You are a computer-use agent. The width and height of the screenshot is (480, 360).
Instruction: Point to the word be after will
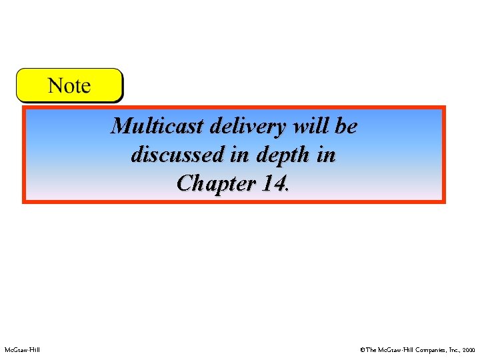(346, 126)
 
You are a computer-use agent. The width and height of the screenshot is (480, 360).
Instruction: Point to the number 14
(273, 183)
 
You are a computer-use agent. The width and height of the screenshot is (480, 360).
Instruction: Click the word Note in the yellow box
(69, 85)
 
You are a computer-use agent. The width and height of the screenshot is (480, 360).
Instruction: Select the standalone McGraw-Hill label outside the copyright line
(22, 349)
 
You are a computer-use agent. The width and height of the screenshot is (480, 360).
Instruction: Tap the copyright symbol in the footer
(362, 349)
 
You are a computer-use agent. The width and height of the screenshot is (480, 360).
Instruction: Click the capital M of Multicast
(121, 126)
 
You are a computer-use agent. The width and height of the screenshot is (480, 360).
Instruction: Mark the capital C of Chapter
(185, 183)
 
